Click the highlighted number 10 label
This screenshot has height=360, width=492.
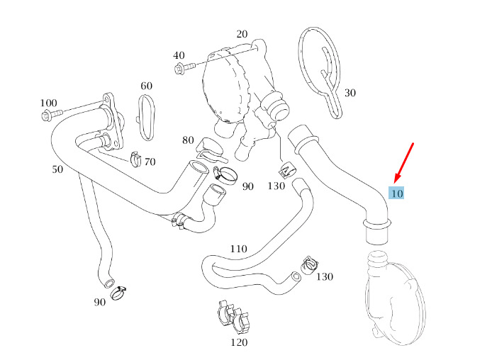(x=396, y=193)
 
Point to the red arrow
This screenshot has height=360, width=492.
(x=404, y=163)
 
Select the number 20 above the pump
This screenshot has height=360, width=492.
(x=242, y=34)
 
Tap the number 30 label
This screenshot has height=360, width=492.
(x=350, y=93)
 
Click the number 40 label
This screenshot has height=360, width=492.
(x=179, y=55)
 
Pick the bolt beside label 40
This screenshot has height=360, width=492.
(x=185, y=67)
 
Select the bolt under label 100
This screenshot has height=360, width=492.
(x=52, y=114)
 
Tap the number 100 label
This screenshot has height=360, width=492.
(x=49, y=103)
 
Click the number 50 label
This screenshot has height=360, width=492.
(x=57, y=169)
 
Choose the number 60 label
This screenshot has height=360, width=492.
(x=147, y=86)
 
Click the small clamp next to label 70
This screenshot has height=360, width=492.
(x=135, y=159)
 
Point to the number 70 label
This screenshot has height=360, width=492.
(x=150, y=162)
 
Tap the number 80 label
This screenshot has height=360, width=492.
(x=188, y=140)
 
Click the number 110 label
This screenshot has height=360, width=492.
(x=239, y=249)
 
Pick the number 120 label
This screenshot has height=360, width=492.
(x=239, y=342)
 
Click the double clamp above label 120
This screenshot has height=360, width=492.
(x=234, y=317)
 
